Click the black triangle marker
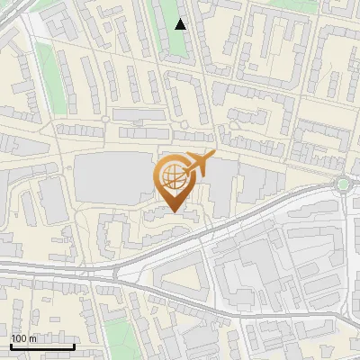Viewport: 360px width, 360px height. point(181,24)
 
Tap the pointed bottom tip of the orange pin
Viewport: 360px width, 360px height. point(172,212)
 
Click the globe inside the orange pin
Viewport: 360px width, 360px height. point(170,175)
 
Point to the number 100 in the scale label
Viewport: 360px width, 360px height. point(19,338)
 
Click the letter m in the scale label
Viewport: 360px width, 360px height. point(33,338)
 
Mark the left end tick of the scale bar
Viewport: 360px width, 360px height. point(10,346)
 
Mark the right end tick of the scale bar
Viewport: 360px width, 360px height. point(75,346)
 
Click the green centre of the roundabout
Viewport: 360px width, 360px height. point(343,184)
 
